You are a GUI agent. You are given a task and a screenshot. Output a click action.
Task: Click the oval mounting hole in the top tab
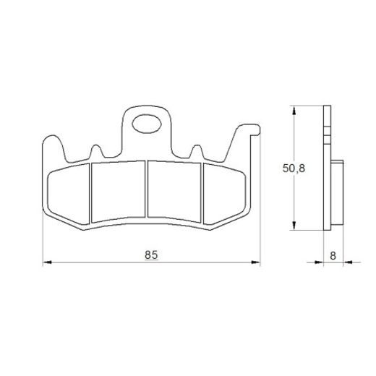(149, 124)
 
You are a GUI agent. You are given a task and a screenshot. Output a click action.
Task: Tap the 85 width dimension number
(151, 255)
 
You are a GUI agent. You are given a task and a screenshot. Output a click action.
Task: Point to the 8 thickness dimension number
(332, 255)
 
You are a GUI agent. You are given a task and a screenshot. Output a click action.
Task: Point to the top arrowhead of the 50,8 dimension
(293, 108)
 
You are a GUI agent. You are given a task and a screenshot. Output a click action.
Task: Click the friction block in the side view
(336, 192)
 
